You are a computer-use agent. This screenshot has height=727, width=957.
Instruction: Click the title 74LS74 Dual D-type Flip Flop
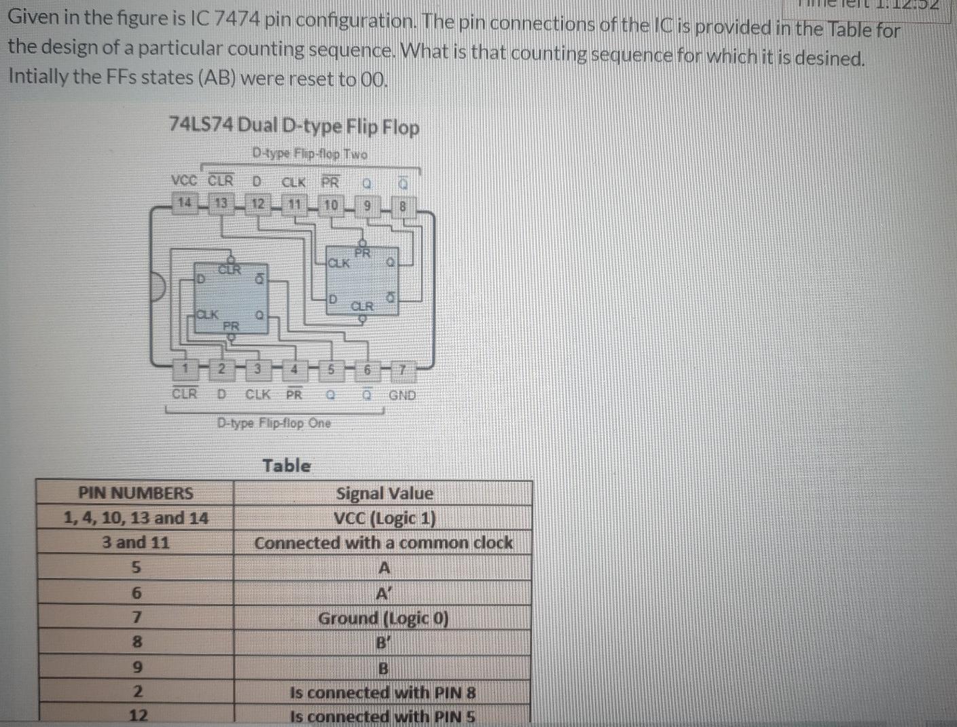pyautogui.click(x=293, y=126)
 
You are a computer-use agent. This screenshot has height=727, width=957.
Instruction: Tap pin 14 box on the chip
pyautogui.click(x=184, y=202)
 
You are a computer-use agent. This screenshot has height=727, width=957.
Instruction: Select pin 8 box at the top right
pyautogui.click(x=402, y=206)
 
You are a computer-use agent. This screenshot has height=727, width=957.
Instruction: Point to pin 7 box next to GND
pyautogui.click(x=402, y=371)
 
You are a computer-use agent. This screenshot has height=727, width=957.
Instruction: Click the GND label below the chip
pyautogui.click(x=402, y=395)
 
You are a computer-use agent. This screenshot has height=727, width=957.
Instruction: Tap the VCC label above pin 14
pyautogui.click(x=184, y=181)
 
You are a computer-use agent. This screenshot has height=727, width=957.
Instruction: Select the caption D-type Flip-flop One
pyautogui.click(x=274, y=423)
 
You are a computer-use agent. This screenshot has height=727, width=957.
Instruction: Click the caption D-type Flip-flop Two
pyautogui.click(x=309, y=154)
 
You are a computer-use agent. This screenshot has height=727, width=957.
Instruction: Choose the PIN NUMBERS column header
pyautogui.click(x=135, y=493)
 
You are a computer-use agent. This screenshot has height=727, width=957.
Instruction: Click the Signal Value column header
pyautogui.click(x=384, y=493)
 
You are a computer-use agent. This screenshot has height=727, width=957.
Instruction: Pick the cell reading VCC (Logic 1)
pyautogui.click(x=384, y=519)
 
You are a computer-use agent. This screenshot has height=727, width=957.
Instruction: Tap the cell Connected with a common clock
pyautogui.click(x=383, y=543)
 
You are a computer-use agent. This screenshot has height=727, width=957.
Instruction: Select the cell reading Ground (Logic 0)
pyautogui.click(x=383, y=618)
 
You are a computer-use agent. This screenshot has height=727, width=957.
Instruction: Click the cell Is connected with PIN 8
pyautogui.click(x=382, y=693)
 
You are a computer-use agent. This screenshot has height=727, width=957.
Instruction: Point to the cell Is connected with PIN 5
pyautogui.click(x=382, y=716)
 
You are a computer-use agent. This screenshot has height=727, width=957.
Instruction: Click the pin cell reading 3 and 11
pyautogui.click(x=135, y=543)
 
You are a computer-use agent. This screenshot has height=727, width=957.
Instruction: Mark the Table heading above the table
pyautogui.click(x=287, y=466)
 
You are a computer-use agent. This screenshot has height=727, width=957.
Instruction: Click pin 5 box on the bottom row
pyautogui.click(x=331, y=370)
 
